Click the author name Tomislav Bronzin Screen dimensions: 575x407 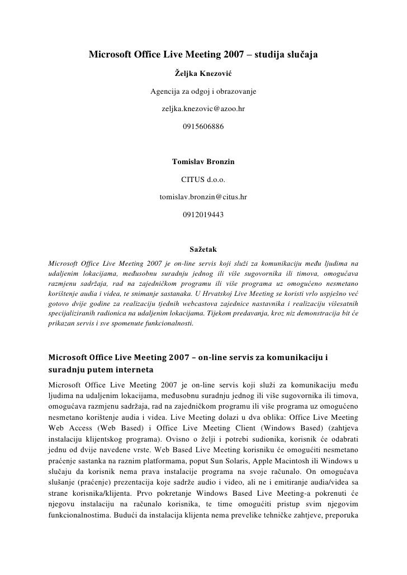tap(203, 162)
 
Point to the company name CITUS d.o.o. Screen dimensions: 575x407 tap(203, 180)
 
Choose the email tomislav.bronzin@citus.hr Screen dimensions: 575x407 tap(203, 198)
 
